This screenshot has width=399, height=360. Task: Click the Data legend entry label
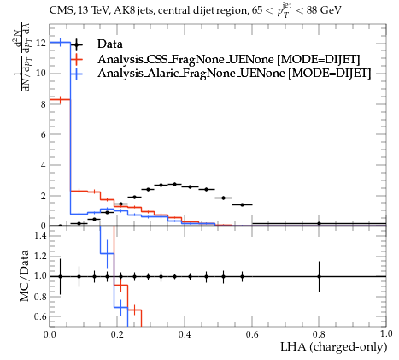tap(110, 44)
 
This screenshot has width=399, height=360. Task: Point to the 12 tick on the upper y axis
tap(41, 43)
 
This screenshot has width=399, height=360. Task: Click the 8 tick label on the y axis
tap(43, 104)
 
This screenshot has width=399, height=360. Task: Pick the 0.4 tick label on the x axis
tap(185, 334)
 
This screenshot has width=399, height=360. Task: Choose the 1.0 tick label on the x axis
tap(386, 334)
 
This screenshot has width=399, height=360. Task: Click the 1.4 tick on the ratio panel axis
tap(40, 235)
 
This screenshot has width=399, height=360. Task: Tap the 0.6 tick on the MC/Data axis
tap(40, 316)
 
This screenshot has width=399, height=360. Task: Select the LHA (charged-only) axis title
tap(334, 347)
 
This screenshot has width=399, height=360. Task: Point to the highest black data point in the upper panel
tap(175, 184)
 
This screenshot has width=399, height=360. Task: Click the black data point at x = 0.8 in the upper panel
tap(319, 223)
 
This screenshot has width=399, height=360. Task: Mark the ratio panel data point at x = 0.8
tap(319, 276)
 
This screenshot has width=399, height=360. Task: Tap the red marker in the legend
tap(76, 59)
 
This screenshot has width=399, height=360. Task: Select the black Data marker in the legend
tap(76, 44)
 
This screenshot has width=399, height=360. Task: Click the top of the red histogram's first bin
tap(60, 99)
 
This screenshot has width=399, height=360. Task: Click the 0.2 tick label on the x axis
tap(117, 334)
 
